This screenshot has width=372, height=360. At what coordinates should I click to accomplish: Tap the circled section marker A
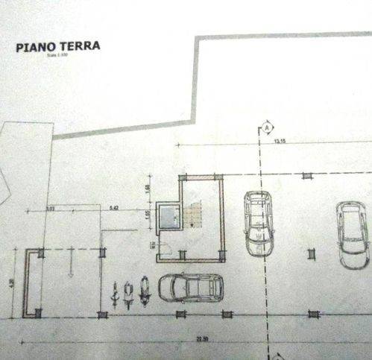tap(265, 128)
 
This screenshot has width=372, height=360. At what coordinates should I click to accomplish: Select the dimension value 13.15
tap(280, 140)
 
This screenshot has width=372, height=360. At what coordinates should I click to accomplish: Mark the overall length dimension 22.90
tap(201, 340)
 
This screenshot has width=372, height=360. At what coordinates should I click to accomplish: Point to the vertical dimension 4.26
tap(13, 282)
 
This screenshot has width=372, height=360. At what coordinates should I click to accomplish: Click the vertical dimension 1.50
tap(148, 187)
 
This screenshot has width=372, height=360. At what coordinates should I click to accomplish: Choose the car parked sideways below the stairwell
tap(191, 287)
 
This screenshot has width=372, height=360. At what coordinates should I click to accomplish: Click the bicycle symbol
tap(115, 294)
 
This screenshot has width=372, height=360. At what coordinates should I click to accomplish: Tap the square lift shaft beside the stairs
tap(172, 217)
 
